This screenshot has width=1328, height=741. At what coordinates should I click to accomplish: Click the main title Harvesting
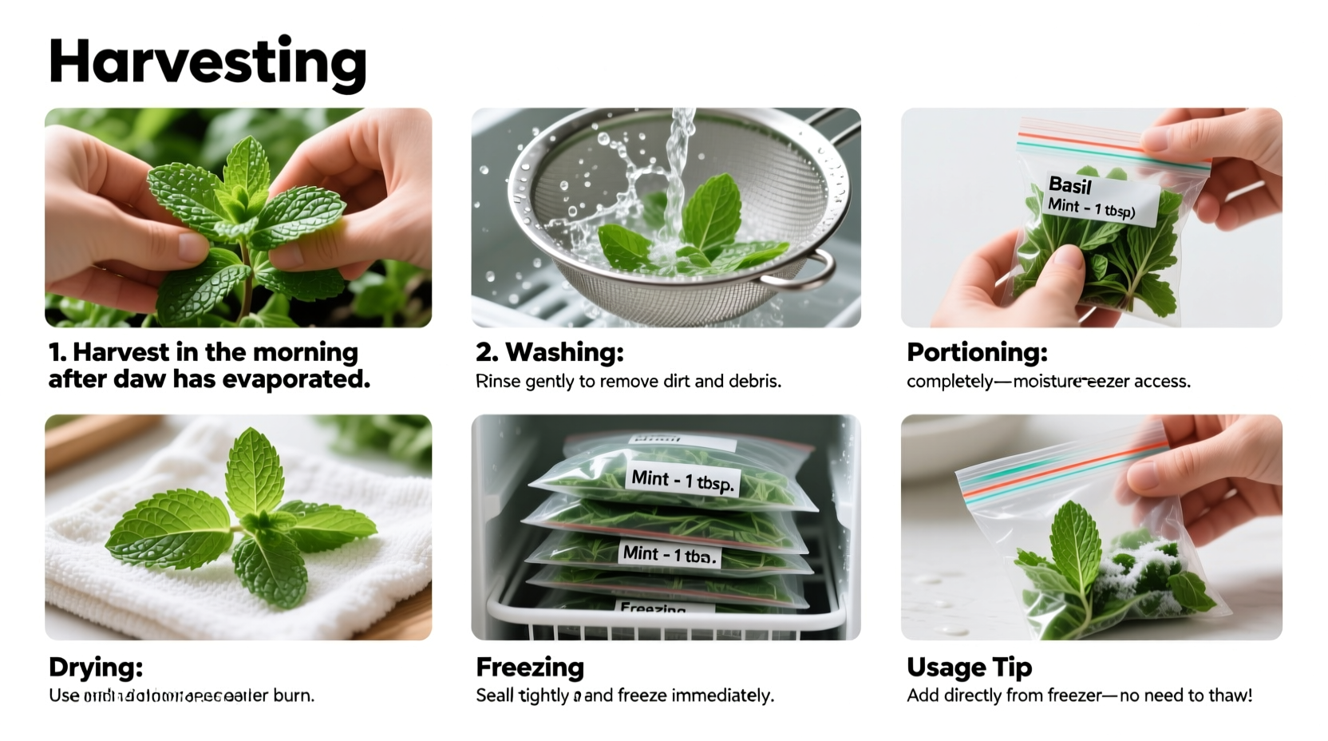[207, 62]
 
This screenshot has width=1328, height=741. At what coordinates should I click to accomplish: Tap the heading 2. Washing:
[549, 352]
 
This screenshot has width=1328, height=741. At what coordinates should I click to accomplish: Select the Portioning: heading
[977, 352]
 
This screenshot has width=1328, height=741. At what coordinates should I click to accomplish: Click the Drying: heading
[96, 667]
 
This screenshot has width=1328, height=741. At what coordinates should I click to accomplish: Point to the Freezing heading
[530, 667]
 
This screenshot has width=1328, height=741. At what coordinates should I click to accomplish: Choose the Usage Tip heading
[969, 667]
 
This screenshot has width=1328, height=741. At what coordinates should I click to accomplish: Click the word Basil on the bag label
[1069, 185]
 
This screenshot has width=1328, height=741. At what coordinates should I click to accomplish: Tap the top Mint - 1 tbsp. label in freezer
[684, 481]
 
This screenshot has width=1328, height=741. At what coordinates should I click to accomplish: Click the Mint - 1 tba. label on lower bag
[669, 554]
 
